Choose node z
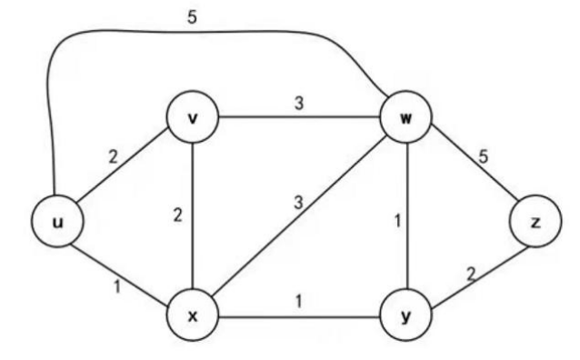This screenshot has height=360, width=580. [x=534, y=222]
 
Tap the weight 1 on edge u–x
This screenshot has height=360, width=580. [x=115, y=287]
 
